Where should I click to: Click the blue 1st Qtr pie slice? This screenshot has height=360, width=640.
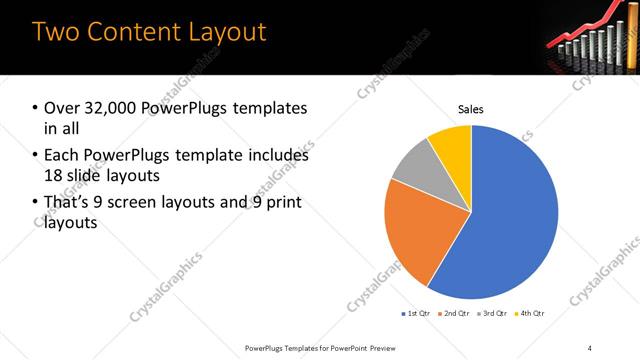coord(505,220)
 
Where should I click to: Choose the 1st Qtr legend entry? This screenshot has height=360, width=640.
coord(415,313)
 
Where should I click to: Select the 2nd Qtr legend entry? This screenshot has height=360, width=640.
coord(455,313)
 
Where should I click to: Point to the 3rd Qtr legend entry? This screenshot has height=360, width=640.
coord(494,313)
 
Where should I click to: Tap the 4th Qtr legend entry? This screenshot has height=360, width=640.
coord(530,313)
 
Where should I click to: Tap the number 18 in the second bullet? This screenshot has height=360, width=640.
coord(53,175)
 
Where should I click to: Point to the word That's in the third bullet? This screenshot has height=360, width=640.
coord(68,203)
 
